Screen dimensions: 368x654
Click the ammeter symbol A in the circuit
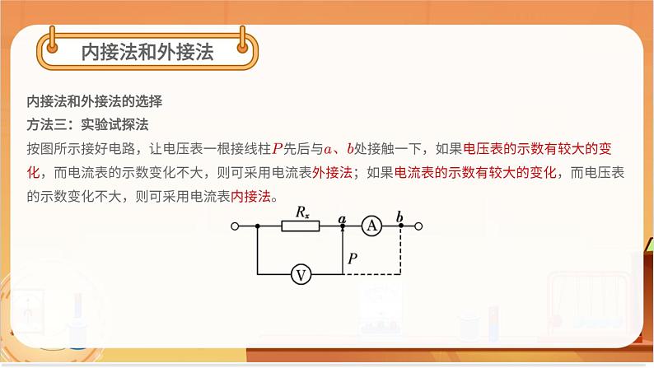[x=372, y=226]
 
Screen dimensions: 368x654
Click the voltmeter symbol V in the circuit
[x=302, y=275]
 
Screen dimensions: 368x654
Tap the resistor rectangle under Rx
[x=301, y=226]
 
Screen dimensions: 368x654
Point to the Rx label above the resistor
[x=302, y=212]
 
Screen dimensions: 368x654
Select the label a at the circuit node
[x=342, y=217]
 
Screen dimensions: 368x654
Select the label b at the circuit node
[x=400, y=217]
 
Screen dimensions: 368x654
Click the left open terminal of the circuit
[x=236, y=226]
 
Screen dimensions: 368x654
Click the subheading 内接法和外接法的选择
[x=95, y=102]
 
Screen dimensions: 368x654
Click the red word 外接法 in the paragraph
[x=333, y=173]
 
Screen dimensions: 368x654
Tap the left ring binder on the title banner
[x=51, y=37]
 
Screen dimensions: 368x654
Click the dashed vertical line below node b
[x=401, y=251]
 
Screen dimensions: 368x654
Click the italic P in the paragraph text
[x=278, y=149]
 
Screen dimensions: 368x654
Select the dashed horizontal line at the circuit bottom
[x=372, y=275]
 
